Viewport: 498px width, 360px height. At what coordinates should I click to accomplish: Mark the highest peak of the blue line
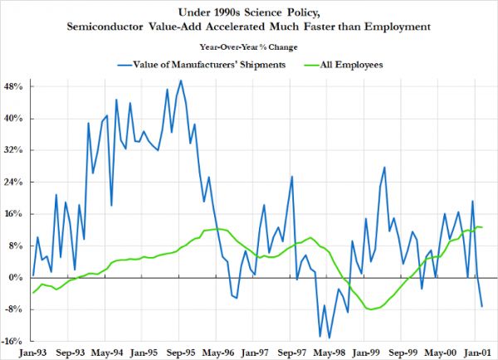[181, 80]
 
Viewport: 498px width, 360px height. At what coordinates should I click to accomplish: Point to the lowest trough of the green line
[368, 309]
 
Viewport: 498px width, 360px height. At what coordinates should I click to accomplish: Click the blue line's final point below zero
[481, 307]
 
